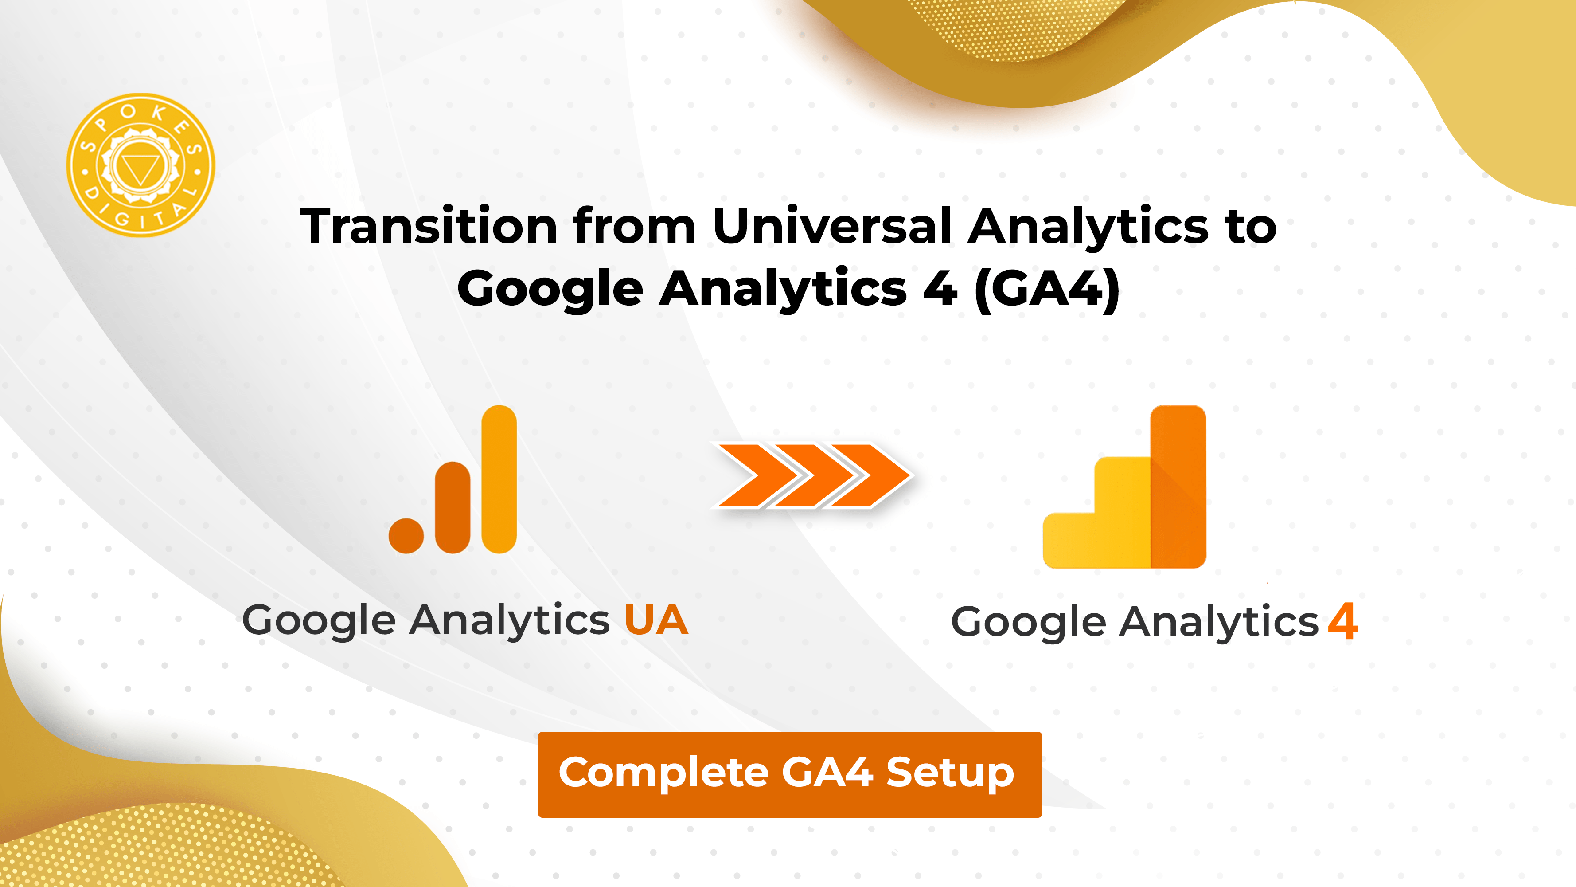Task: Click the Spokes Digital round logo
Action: pos(140,165)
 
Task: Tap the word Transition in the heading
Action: pos(428,227)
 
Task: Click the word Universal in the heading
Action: pos(832,227)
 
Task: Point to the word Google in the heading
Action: pos(550,290)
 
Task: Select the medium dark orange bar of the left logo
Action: pos(453,508)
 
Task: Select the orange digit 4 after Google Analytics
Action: pos(1343,621)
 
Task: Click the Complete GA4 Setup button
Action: pos(790,774)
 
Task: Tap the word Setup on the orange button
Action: pos(949,773)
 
